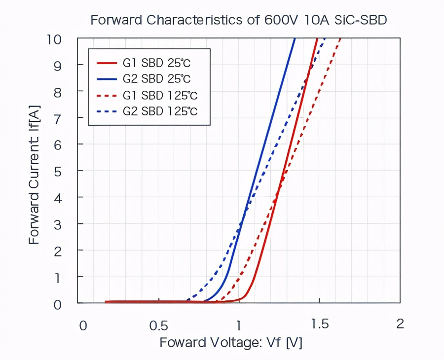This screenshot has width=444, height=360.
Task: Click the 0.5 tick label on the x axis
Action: pyautogui.click(x=158, y=325)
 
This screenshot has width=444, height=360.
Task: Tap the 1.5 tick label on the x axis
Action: pyautogui.click(x=320, y=324)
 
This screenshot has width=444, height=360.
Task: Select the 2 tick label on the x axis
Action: pyautogui.click(x=400, y=324)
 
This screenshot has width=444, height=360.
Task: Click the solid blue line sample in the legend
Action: pyautogui.click(x=106, y=79)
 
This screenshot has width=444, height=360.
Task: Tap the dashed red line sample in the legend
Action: pyautogui.click(x=106, y=95)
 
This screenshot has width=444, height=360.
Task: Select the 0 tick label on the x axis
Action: pyautogui.click(x=83, y=325)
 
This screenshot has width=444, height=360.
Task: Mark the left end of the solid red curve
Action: pyautogui.click(x=107, y=301)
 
